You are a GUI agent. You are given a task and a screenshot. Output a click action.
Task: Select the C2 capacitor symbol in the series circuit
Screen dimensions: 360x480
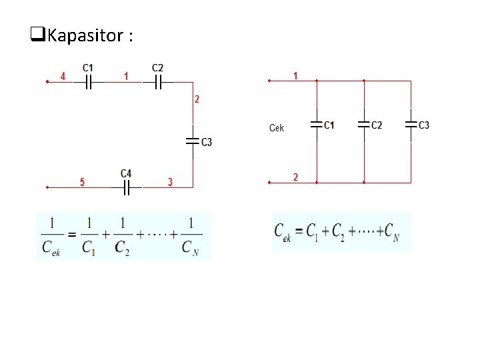[x=159, y=82]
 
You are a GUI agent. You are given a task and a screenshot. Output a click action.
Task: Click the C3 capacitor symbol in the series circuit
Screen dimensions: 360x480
[x=193, y=141]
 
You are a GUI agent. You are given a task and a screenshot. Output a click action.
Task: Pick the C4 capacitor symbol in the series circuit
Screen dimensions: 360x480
[x=127, y=187]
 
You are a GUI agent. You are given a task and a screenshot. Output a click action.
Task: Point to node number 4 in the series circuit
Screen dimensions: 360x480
[x=63, y=77]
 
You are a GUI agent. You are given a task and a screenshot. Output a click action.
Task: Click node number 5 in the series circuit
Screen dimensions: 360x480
[x=82, y=182]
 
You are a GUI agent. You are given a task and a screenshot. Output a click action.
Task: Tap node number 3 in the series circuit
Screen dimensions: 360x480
[x=170, y=182]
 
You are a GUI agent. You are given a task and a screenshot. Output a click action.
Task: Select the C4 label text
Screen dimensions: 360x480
[x=126, y=174]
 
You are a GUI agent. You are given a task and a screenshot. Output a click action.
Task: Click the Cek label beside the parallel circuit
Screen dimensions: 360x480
[x=277, y=127]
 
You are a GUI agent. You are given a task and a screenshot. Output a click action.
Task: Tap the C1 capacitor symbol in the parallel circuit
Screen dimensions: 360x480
[x=316, y=125]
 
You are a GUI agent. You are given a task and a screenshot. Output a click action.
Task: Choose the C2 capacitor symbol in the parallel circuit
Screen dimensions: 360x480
[x=364, y=125]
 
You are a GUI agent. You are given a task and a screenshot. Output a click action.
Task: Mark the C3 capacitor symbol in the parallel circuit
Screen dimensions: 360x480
[x=411, y=125]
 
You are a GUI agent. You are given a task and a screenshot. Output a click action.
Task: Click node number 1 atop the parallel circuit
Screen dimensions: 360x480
[x=295, y=76]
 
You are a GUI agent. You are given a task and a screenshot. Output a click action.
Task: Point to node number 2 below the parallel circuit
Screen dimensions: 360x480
[x=295, y=177]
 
